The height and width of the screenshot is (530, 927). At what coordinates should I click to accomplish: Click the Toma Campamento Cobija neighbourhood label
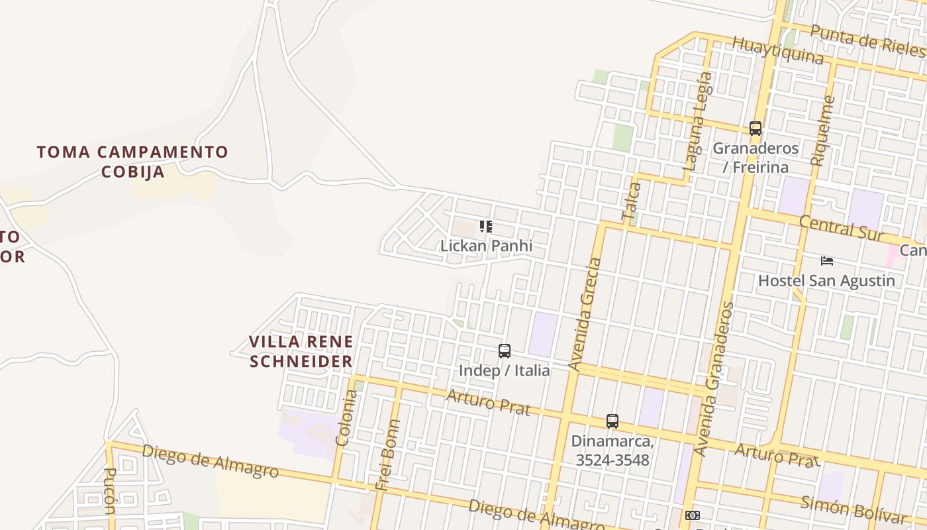coord(132,162)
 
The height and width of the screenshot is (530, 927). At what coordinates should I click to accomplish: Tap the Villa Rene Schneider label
coord(301,351)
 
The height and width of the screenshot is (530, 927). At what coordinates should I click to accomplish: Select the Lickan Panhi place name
coord(486,246)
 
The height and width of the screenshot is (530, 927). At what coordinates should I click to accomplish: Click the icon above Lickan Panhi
coord(486,227)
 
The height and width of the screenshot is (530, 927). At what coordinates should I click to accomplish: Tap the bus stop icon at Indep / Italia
coord(505,351)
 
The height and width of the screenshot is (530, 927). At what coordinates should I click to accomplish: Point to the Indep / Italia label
coord(505,370)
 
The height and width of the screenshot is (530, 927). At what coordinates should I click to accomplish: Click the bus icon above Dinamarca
coord(612,421)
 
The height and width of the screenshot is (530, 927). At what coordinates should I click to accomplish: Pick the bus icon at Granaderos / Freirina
coord(756,129)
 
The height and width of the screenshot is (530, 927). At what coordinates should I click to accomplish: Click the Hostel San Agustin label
coord(826,280)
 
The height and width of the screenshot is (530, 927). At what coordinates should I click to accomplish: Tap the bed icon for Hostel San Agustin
coord(826,260)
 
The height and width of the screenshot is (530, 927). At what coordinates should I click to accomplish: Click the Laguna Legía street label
coord(699,121)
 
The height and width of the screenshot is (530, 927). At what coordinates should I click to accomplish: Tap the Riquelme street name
coord(822,131)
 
